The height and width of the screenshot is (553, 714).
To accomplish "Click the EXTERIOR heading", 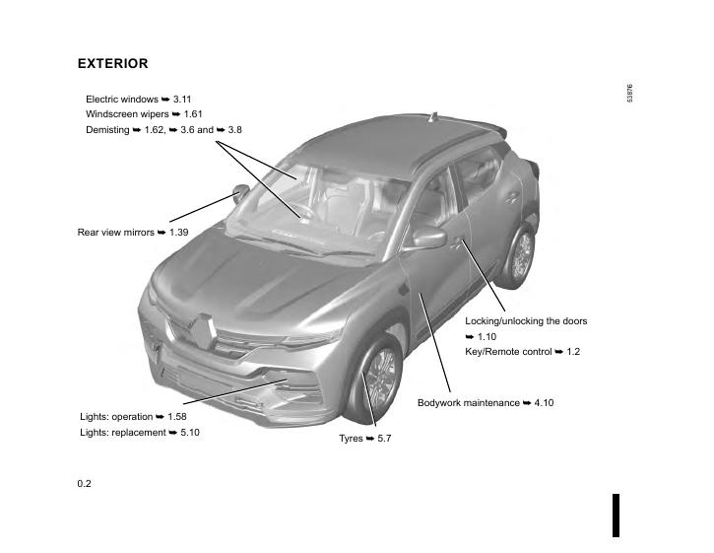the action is click(112, 64).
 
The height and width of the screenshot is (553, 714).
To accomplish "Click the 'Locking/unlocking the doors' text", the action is click(526, 321).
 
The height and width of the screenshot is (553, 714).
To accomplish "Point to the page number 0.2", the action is click(85, 483).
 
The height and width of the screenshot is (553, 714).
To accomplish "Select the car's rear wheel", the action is click(521, 254).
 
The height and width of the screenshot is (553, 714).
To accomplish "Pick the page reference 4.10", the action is click(544, 403).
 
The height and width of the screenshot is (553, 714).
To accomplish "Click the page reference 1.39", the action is click(178, 233).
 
